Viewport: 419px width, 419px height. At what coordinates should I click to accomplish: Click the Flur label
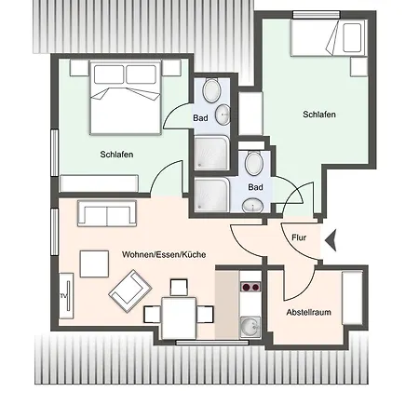pos(299,237)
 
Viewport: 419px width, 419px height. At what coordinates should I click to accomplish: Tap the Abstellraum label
pos(308,312)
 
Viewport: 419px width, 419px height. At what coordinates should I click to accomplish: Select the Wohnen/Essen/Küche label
pos(164,254)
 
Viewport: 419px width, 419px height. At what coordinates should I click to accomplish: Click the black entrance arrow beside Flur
pos(331,240)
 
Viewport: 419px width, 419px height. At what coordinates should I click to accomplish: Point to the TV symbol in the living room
pos(66,295)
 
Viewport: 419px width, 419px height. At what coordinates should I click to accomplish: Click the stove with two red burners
pos(250,287)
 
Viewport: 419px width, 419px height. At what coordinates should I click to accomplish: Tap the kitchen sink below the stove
pos(250,327)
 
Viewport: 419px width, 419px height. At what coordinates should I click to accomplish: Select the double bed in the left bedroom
pos(126,98)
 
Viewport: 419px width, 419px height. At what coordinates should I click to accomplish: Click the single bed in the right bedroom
pos(329,37)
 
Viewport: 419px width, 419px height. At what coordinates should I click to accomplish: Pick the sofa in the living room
pos(107,213)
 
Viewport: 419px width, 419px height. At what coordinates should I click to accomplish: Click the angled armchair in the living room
pos(130,291)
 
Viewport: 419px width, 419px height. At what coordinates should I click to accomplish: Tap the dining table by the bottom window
pos(179,318)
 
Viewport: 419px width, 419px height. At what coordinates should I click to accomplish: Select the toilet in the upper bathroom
pos(211,90)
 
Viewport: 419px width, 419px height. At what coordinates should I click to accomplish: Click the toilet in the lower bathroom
pos(254,163)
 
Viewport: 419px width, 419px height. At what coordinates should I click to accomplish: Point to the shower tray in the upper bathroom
pos(211,153)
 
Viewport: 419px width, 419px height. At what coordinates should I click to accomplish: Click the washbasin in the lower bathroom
pos(252,206)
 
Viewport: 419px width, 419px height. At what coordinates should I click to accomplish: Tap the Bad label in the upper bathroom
pos(200,118)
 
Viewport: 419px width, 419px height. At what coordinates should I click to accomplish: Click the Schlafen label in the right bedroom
pos(319,115)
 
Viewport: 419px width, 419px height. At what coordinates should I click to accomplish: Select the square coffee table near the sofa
pos(94,264)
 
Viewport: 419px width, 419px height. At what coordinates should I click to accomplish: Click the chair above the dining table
pos(179,288)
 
